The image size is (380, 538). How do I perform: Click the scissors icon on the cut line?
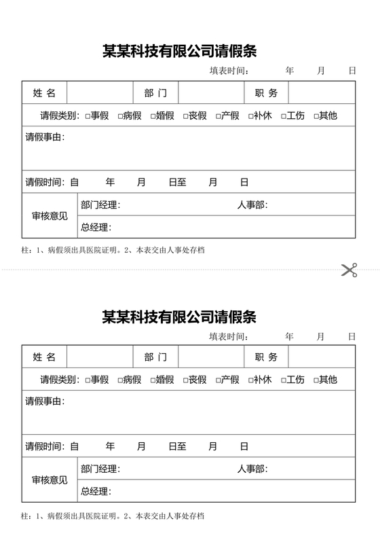pyautogui.click(x=349, y=270)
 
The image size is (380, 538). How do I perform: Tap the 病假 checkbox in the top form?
pyautogui.click(x=120, y=116)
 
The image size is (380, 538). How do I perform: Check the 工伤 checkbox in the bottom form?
pyautogui.click(x=284, y=380)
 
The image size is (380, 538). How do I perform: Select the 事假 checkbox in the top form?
pyautogui.click(x=88, y=116)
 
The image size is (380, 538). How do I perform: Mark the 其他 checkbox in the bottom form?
pyautogui.click(x=316, y=380)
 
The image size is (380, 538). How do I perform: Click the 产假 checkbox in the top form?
pyautogui.click(x=218, y=116)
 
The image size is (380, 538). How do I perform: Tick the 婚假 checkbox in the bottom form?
pyautogui.click(x=153, y=380)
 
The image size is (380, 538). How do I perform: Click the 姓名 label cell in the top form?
pyautogui.click(x=45, y=93)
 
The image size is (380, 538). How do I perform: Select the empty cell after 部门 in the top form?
pyautogui.click(x=210, y=93)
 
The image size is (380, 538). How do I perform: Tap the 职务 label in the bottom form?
pyautogui.click(x=266, y=357)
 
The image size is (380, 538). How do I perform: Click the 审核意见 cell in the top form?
pyautogui.click(x=50, y=216)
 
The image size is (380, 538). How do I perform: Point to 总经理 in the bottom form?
pyautogui.click(x=95, y=491)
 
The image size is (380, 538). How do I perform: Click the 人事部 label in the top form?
pyautogui.click(x=252, y=204)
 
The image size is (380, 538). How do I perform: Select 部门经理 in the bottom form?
pyautogui.click(x=100, y=469)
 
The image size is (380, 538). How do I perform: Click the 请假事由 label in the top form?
pyautogui.click(x=45, y=137)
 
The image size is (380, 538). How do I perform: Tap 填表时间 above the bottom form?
pyautogui.click(x=229, y=336)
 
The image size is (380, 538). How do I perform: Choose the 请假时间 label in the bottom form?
pyautogui.click(x=45, y=446)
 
